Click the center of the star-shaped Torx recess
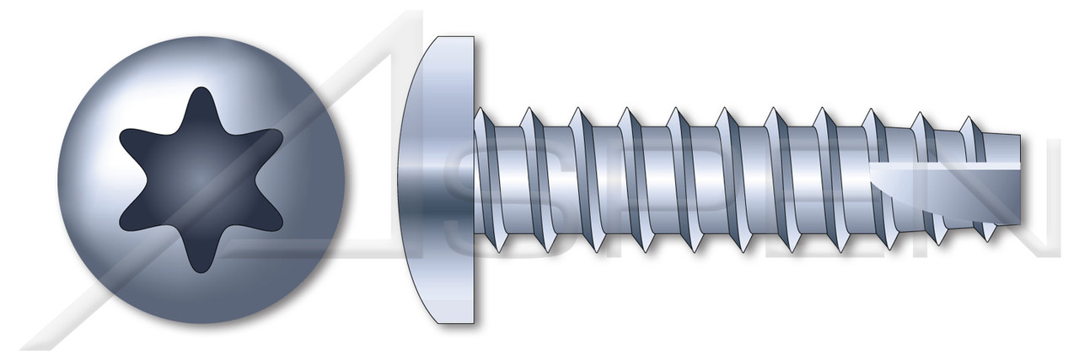[201, 179]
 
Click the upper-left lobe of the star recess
[129, 136]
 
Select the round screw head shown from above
[201, 179]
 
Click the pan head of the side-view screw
[443, 179]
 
